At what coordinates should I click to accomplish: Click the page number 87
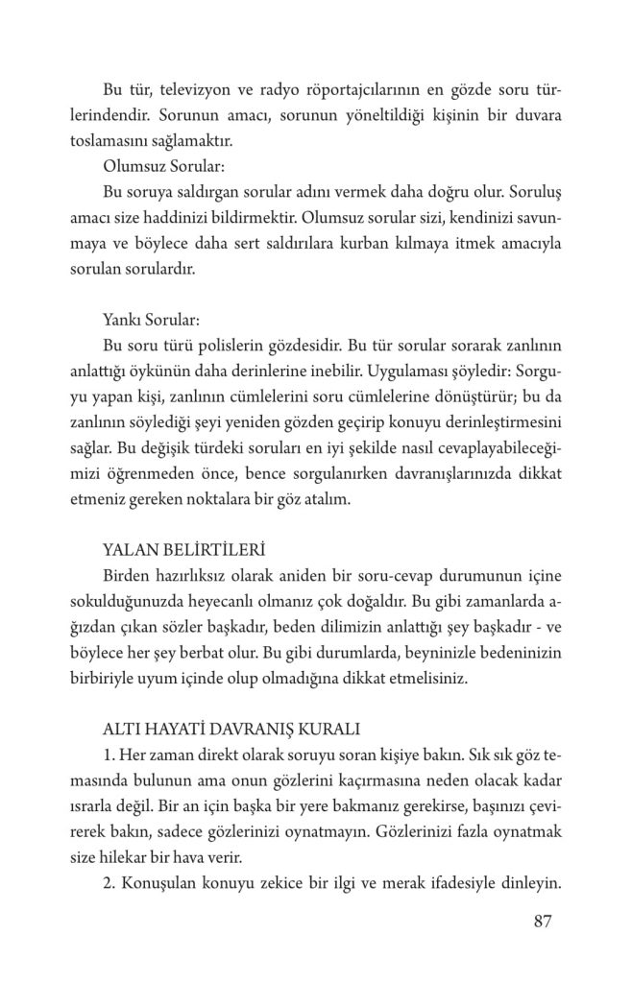[541, 923]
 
